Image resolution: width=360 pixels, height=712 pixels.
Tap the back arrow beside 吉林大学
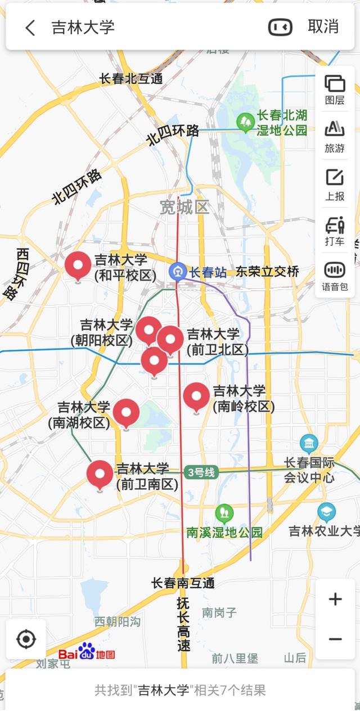[30, 28]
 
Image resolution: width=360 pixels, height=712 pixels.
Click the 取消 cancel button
[323, 26]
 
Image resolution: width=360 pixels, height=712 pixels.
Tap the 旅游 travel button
[335, 136]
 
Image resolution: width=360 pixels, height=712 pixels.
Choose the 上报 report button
[335, 184]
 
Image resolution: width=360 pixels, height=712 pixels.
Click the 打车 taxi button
[335, 231]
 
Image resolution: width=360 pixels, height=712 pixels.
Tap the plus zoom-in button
[335, 599]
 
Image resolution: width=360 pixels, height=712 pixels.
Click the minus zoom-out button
[335, 639]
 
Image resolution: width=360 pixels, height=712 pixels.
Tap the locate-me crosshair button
[26, 639]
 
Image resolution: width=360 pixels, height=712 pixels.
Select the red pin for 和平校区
[78, 265]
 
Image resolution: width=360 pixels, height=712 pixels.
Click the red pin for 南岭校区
[196, 396]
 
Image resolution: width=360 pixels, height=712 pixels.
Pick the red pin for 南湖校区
[126, 412]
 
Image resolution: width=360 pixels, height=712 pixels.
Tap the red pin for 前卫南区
[100, 474]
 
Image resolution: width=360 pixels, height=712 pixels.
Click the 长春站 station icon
[178, 272]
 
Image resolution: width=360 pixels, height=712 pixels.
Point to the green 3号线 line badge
[201, 472]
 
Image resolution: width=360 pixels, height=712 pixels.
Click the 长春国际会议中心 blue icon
[309, 444]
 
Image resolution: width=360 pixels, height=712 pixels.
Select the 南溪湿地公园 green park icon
[224, 513]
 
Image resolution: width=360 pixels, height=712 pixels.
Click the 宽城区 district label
[184, 208]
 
